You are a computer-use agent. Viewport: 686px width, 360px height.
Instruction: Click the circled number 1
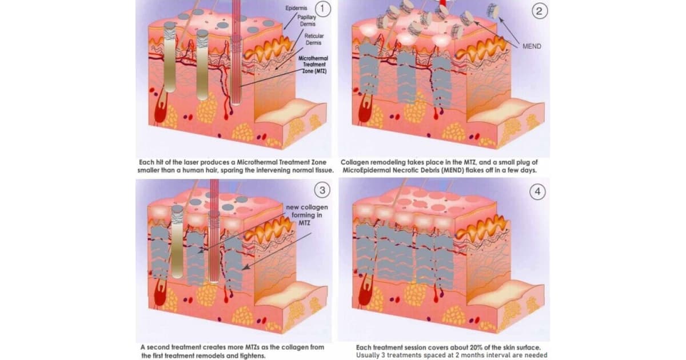(322, 9)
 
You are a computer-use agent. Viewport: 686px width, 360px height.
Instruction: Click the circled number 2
(539, 11)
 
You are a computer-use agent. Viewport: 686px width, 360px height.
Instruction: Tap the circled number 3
(322, 190)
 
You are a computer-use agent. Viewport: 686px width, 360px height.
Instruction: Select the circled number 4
(537, 191)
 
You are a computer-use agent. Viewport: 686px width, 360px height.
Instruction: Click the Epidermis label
(296, 8)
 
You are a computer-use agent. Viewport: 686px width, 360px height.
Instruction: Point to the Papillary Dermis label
(307, 21)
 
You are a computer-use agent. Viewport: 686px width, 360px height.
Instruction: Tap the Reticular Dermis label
(314, 39)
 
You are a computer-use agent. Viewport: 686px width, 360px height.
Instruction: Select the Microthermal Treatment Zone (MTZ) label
(313, 65)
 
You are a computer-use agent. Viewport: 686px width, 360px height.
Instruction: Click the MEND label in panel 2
(532, 46)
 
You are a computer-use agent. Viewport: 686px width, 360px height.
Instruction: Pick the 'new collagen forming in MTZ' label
(307, 215)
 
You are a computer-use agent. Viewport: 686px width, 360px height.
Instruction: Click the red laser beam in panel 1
(236, 52)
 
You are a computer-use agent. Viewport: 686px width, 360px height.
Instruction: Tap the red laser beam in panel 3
(214, 231)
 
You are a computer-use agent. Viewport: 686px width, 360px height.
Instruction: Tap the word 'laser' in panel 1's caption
(191, 162)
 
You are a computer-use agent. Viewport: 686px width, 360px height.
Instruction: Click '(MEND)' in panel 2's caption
(453, 170)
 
